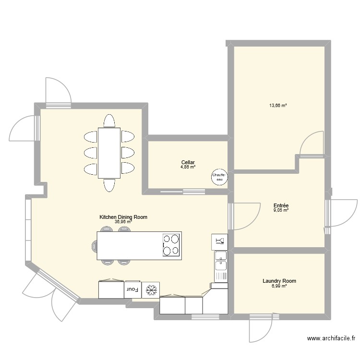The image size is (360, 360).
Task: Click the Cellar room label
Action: coord(188,163)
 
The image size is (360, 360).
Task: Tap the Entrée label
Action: coord(281,205)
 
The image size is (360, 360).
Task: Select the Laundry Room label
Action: coord(279,281)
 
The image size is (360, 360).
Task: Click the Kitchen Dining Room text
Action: coord(123,217)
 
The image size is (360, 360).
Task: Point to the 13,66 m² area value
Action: coord(278,106)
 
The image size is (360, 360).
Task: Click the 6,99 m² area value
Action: coord(279,286)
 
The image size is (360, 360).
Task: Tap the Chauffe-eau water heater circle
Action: coord(219,177)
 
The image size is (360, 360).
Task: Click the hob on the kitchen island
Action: coord(171,245)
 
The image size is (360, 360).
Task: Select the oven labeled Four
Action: coord(132,289)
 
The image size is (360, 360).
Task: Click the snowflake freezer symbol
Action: coord(151,290)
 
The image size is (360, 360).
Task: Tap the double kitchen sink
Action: coord(221,266)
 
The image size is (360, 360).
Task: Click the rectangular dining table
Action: coord(109,153)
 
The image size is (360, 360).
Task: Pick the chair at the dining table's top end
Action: coord(109,121)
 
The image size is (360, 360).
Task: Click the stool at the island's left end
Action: coord(95,246)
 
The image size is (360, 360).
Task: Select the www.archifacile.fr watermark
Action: coord(331,338)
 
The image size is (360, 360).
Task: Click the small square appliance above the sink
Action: coord(219,242)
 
